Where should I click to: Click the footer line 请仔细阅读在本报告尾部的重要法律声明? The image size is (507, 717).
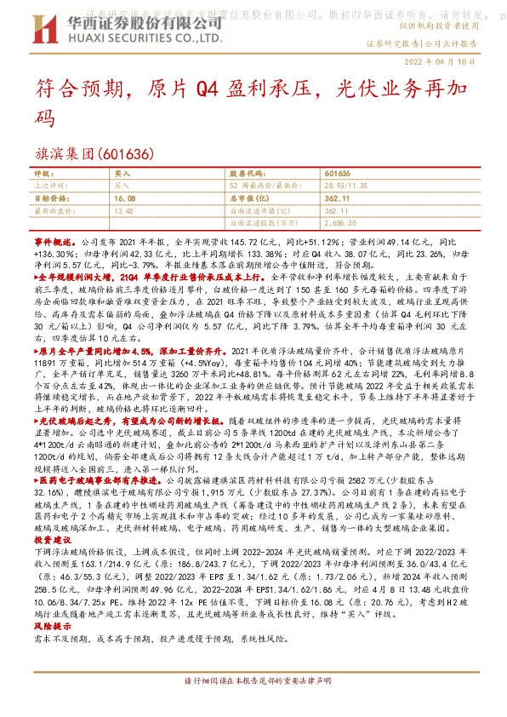pos(253,682)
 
